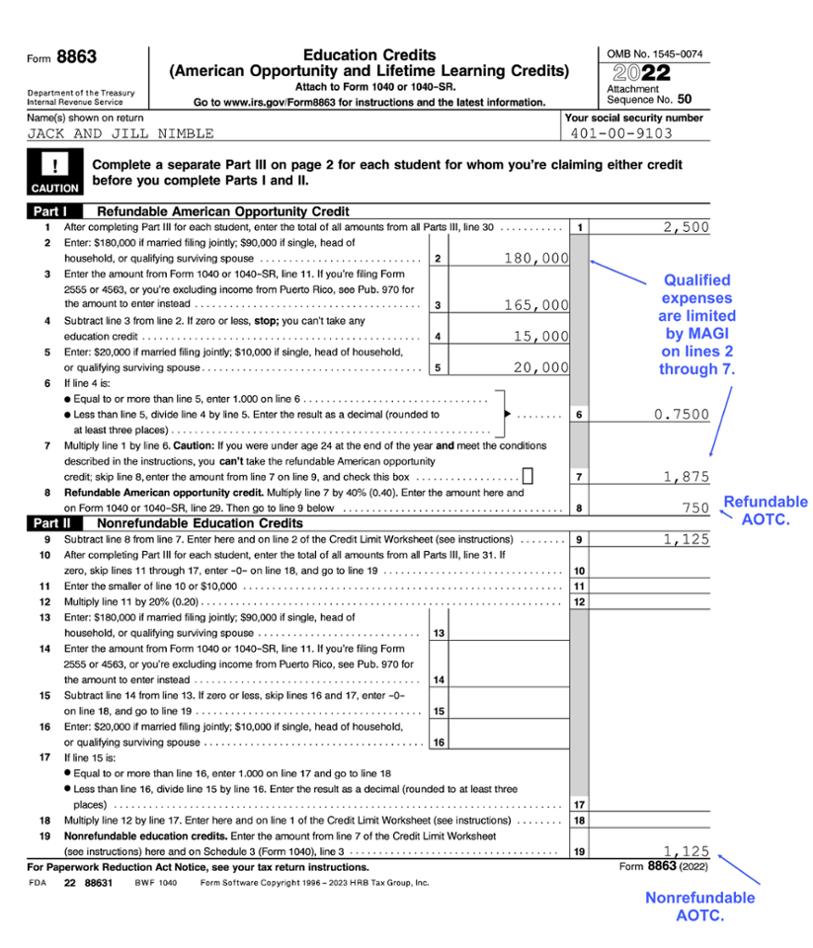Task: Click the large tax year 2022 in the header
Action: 642,74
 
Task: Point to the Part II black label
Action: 52,521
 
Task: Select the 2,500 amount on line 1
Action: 686,227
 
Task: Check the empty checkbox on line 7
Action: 528,476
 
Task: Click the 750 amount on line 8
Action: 695,508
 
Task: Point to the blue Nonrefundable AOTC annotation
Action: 699,907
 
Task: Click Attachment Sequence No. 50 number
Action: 685,99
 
